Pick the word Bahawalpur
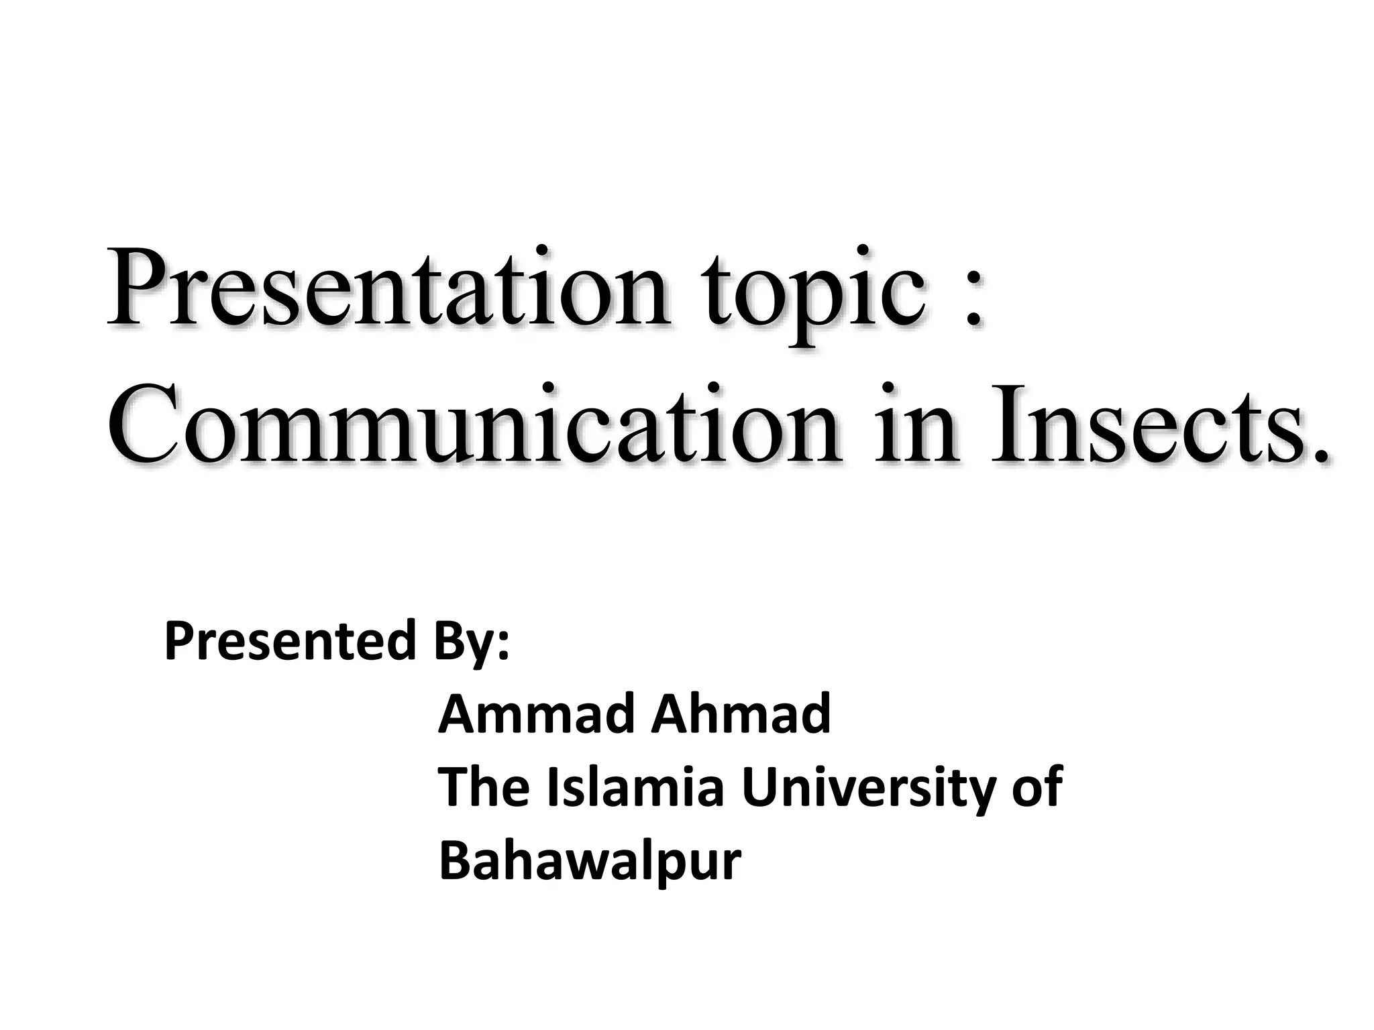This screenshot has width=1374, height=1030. click(590, 862)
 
